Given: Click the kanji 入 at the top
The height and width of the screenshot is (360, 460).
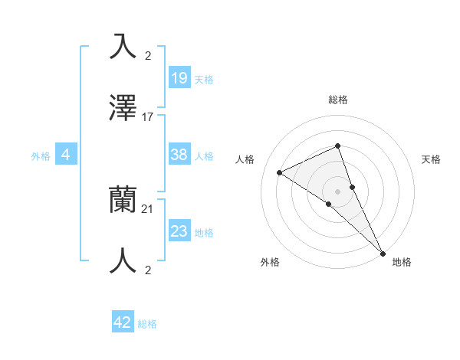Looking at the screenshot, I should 123,47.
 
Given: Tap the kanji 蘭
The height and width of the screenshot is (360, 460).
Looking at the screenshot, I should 123,200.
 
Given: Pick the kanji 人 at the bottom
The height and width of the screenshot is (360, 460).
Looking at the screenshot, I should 123,261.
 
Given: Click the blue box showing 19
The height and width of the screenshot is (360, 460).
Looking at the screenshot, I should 179,77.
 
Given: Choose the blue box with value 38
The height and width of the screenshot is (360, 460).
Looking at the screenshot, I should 179,155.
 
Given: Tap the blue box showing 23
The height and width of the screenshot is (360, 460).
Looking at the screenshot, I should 179,231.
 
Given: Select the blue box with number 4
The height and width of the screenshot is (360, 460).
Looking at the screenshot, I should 66,155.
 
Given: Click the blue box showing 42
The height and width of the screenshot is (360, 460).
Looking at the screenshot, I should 123,322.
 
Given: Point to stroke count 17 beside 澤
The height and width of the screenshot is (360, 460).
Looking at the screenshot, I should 148,117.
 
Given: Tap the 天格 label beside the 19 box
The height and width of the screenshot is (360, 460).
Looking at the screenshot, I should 204,80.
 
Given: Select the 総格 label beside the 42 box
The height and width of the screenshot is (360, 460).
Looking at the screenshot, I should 147,325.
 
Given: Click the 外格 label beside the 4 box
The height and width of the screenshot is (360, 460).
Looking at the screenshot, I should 41,156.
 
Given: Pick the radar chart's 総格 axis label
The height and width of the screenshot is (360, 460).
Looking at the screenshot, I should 338,100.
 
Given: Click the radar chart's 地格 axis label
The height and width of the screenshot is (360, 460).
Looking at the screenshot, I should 402,262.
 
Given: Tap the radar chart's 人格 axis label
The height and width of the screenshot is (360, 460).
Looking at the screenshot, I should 245,159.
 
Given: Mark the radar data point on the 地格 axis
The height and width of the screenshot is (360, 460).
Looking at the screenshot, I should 383,252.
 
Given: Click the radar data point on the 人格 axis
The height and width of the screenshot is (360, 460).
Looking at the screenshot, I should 280,172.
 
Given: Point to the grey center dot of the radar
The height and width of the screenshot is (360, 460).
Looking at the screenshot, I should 337,191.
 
